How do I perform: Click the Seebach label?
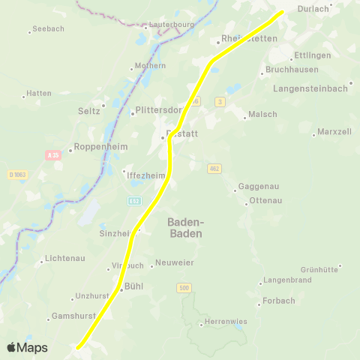(x=49, y=29)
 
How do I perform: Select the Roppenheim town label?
(x=96, y=148)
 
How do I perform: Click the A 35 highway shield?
(x=52, y=155)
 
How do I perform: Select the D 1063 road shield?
(x=17, y=175)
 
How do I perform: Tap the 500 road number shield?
(x=184, y=288)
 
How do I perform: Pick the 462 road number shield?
(x=214, y=169)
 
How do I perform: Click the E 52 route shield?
(x=134, y=201)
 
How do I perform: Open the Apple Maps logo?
(x=27, y=348)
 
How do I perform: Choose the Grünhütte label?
(x=320, y=268)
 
